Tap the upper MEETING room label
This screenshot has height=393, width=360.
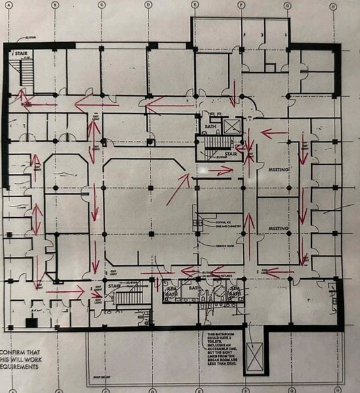(x=279, y=170)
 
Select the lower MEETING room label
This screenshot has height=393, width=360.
(x=279, y=228)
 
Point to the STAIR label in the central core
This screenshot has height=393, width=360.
(x=232, y=153)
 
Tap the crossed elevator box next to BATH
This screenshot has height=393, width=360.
(x=232, y=125)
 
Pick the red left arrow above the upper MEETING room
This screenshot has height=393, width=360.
(x=274, y=133)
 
